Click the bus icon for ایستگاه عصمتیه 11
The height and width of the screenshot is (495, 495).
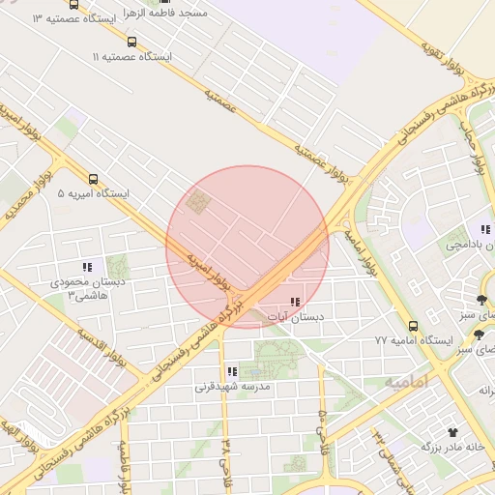click(x=132, y=42)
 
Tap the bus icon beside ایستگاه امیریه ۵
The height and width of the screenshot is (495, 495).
click(x=94, y=179)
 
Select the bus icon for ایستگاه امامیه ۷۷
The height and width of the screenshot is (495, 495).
click(x=413, y=326)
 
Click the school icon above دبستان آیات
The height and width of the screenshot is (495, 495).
click(x=294, y=303)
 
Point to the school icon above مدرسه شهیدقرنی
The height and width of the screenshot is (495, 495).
click(x=231, y=371)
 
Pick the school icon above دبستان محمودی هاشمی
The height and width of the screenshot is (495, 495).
click(x=87, y=267)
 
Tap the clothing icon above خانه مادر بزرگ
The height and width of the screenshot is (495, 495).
click(x=451, y=432)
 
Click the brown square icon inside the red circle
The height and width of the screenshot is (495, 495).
click(x=199, y=203)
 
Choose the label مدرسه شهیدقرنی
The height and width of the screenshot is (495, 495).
click(x=232, y=387)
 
